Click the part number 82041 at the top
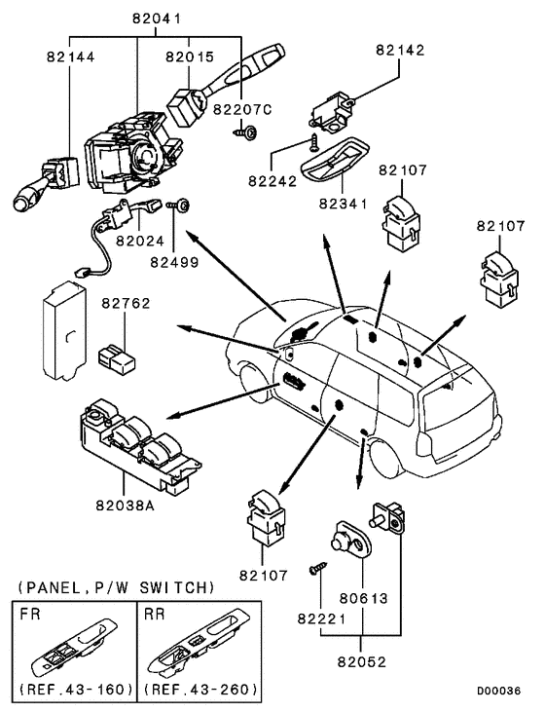click(x=157, y=19)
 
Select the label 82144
click(x=71, y=56)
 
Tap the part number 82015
click(x=190, y=56)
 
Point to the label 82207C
click(x=242, y=109)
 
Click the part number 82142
click(x=400, y=50)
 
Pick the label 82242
click(x=272, y=181)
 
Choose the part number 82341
click(x=343, y=204)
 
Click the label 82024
click(x=140, y=241)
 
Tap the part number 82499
click(x=175, y=262)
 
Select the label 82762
click(x=126, y=303)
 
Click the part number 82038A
click(x=126, y=505)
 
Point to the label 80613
click(x=363, y=598)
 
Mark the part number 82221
click(x=322, y=618)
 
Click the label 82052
click(x=362, y=662)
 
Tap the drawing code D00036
click(x=498, y=691)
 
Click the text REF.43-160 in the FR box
click(x=76, y=690)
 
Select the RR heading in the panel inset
click(x=155, y=615)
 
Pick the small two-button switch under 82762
click(x=116, y=360)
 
